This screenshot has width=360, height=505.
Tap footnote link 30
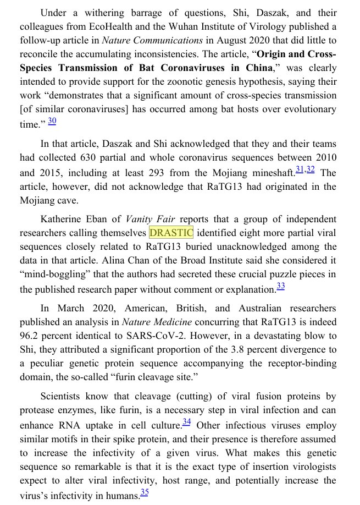click(52, 120)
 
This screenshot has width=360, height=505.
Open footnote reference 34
click(187, 421)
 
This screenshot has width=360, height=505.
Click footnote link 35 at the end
click(145, 492)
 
